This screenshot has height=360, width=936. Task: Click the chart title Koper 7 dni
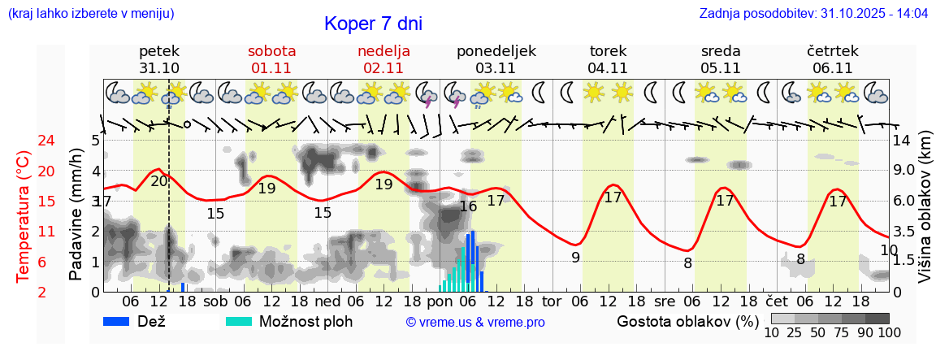[x=373, y=24]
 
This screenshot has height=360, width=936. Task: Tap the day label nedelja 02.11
[x=383, y=59]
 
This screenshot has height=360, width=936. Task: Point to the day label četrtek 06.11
[x=833, y=59]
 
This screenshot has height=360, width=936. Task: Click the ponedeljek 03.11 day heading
[x=496, y=59]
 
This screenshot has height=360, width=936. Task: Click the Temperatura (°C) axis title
[x=24, y=215]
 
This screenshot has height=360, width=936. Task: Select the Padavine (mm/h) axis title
[x=76, y=215]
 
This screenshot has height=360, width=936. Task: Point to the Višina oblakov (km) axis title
[x=925, y=215]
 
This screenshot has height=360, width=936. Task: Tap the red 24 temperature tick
[x=24, y=141]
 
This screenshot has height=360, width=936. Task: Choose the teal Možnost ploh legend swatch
[x=239, y=321]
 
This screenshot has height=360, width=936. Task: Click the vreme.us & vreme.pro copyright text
[x=475, y=323]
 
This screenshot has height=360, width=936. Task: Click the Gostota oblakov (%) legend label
[x=687, y=321]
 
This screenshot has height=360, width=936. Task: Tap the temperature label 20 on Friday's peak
[x=159, y=181]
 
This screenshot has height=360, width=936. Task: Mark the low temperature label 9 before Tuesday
[x=575, y=258]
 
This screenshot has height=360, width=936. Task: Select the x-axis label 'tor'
[x=552, y=301]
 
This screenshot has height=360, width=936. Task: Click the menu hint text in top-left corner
[x=90, y=14]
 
